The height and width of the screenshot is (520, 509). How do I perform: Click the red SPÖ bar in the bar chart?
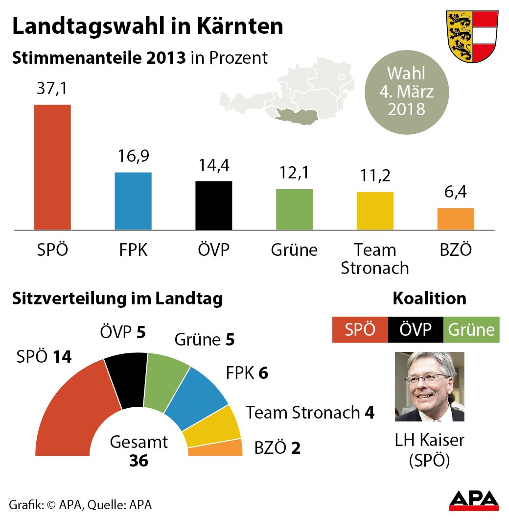coord(52,167)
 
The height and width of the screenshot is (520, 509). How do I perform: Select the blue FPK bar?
coord(133,201)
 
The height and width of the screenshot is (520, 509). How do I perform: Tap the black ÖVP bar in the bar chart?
coord(214,205)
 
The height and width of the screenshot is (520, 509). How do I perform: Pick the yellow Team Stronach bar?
coord(375,211)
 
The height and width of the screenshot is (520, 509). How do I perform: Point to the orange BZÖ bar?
coord(456,219)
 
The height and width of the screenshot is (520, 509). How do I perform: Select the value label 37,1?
coord(52,90)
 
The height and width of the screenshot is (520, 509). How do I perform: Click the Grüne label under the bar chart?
coord(294,250)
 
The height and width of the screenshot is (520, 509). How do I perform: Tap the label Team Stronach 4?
coord(310,413)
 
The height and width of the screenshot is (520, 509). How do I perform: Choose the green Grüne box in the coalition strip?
coord(471,330)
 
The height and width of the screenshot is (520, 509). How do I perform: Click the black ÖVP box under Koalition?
coord(416,330)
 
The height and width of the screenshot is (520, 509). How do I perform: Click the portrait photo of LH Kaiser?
coord(429,387)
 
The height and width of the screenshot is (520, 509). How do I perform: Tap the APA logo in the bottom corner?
coord(474,500)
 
